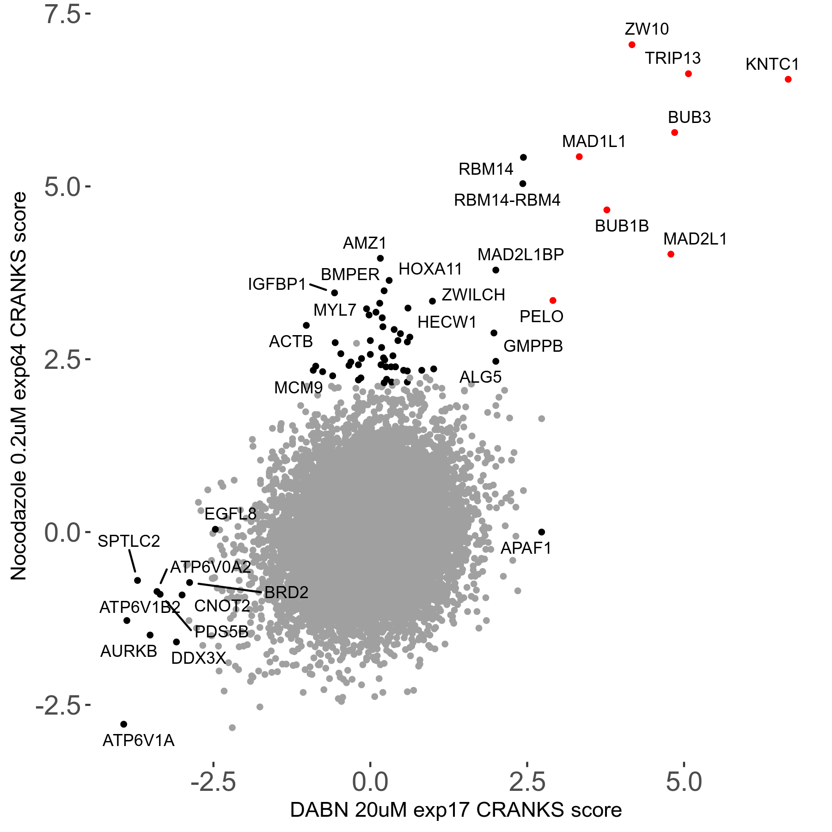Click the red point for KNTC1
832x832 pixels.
coord(788,80)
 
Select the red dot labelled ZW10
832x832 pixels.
coord(632,45)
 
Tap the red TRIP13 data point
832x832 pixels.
coord(688,74)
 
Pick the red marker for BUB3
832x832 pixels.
coord(674,133)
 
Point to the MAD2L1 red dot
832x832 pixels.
coord(671,254)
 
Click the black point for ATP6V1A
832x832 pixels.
coord(123,724)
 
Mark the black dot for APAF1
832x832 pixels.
coord(542,532)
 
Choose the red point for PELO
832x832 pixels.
coord(553,300)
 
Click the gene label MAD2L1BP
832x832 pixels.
coord(520,255)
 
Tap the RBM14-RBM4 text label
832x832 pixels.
coord(507,200)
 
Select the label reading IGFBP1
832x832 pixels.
coord(277,284)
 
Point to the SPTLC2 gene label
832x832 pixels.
coord(129,541)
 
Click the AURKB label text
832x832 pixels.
coord(129,651)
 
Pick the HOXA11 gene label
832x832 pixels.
coord(430,269)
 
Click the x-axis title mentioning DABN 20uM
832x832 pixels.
coord(456,810)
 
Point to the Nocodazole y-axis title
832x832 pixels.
coord(19,386)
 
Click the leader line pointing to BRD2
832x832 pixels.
coord(230,588)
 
